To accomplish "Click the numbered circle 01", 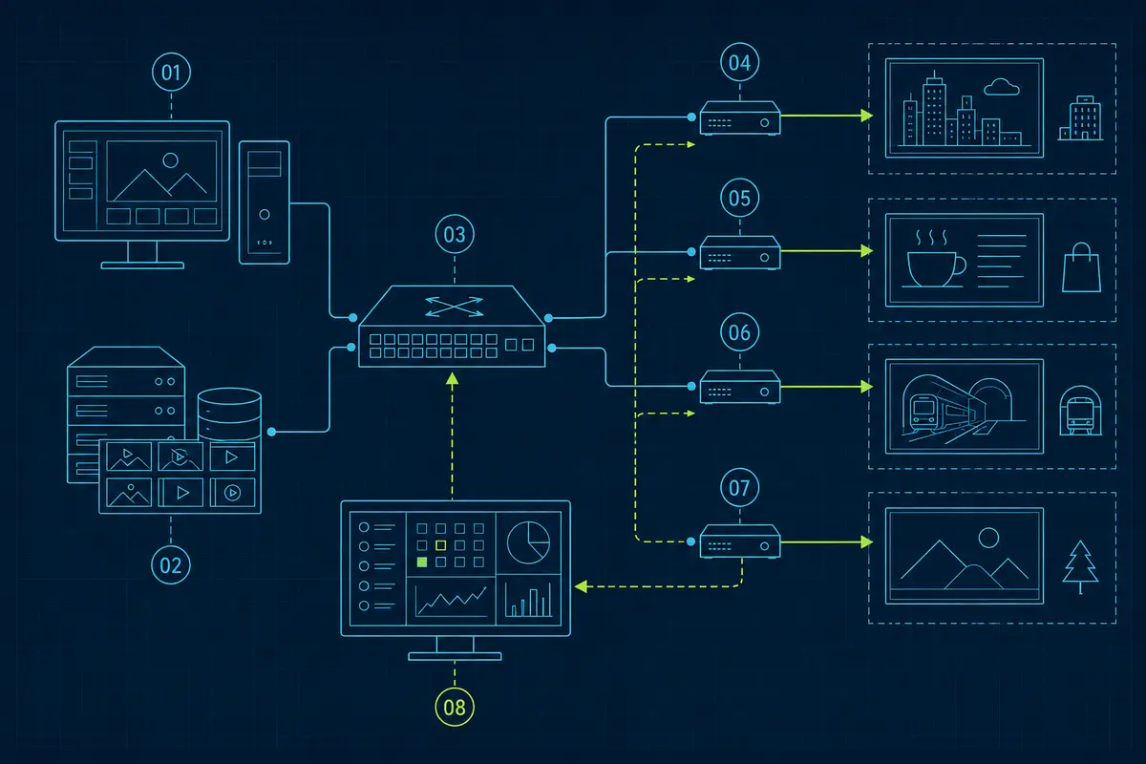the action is coord(171,73).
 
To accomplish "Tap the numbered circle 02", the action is coord(171,565).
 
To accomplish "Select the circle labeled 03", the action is coord(455,234).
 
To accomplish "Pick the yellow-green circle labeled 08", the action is coord(455,708).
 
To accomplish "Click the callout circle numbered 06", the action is coord(739,332).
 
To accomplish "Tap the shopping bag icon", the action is coord(1081,267).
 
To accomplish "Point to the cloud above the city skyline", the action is coord(1002,87).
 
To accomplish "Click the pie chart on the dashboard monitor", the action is coord(528,543).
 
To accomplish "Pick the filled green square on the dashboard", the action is coord(422,562).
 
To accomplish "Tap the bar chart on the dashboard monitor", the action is coord(528,600).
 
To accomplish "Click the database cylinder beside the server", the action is coord(230,414).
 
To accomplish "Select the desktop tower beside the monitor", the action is coord(264,202).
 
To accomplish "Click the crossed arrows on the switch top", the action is coord(454,307).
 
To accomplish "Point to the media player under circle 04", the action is coord(740,118).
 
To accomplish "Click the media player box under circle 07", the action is coord(740,541).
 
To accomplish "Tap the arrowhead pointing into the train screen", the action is coord(867,387).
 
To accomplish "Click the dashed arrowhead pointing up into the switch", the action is coord(452,379).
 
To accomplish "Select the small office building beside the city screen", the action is coord(1080,117).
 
